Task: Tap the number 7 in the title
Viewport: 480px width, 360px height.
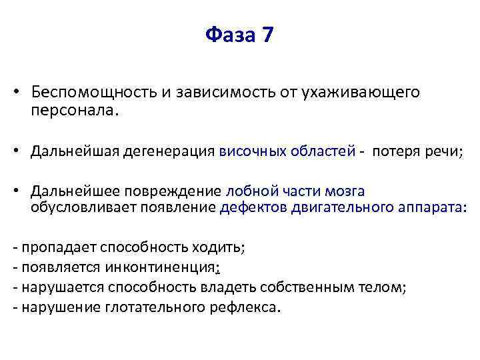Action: pos(267,35)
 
